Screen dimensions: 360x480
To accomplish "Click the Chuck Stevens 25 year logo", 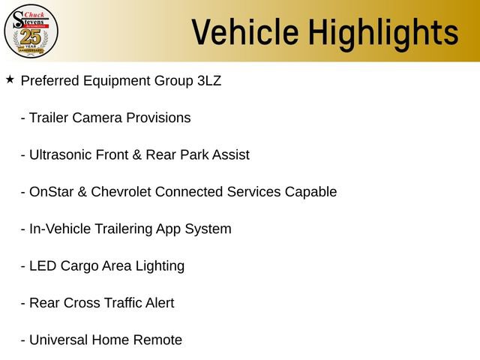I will click(31, 31).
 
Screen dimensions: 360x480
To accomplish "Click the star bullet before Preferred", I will click(10, 79).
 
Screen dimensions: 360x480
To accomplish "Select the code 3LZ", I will click(208, 80).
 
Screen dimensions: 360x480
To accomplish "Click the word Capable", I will click(310, 192).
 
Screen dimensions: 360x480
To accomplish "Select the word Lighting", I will click(159, 266).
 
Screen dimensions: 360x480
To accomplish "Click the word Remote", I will click(157, 340).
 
